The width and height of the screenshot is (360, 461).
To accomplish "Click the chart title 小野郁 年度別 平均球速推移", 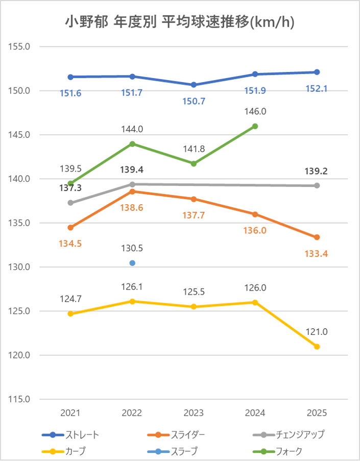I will click(x=180, y=22).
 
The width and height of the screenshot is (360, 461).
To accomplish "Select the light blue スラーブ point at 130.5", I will click(x=132, y=263).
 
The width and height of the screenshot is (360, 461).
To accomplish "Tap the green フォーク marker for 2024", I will click(x=255, y=126).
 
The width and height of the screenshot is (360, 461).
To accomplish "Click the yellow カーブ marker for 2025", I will click(x=317, y=347).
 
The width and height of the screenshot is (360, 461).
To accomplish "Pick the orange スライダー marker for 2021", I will click(x=71, y=227).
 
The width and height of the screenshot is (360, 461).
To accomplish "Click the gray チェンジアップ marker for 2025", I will click(x=317, y=185).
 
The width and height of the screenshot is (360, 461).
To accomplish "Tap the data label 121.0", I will click(x=317, y=332).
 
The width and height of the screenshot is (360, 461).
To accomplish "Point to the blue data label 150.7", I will click(x=194, y=101).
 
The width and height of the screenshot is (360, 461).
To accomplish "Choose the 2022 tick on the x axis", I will click(x=132, y=413).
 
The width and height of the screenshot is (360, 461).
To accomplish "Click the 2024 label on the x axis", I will click(x=255, y=413).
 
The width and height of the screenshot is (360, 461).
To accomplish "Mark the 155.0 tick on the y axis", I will click(x=20, y=46).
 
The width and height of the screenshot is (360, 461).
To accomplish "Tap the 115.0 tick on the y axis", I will click(x=20, y=399).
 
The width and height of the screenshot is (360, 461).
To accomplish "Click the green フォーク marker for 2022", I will click(x=132, y=144).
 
